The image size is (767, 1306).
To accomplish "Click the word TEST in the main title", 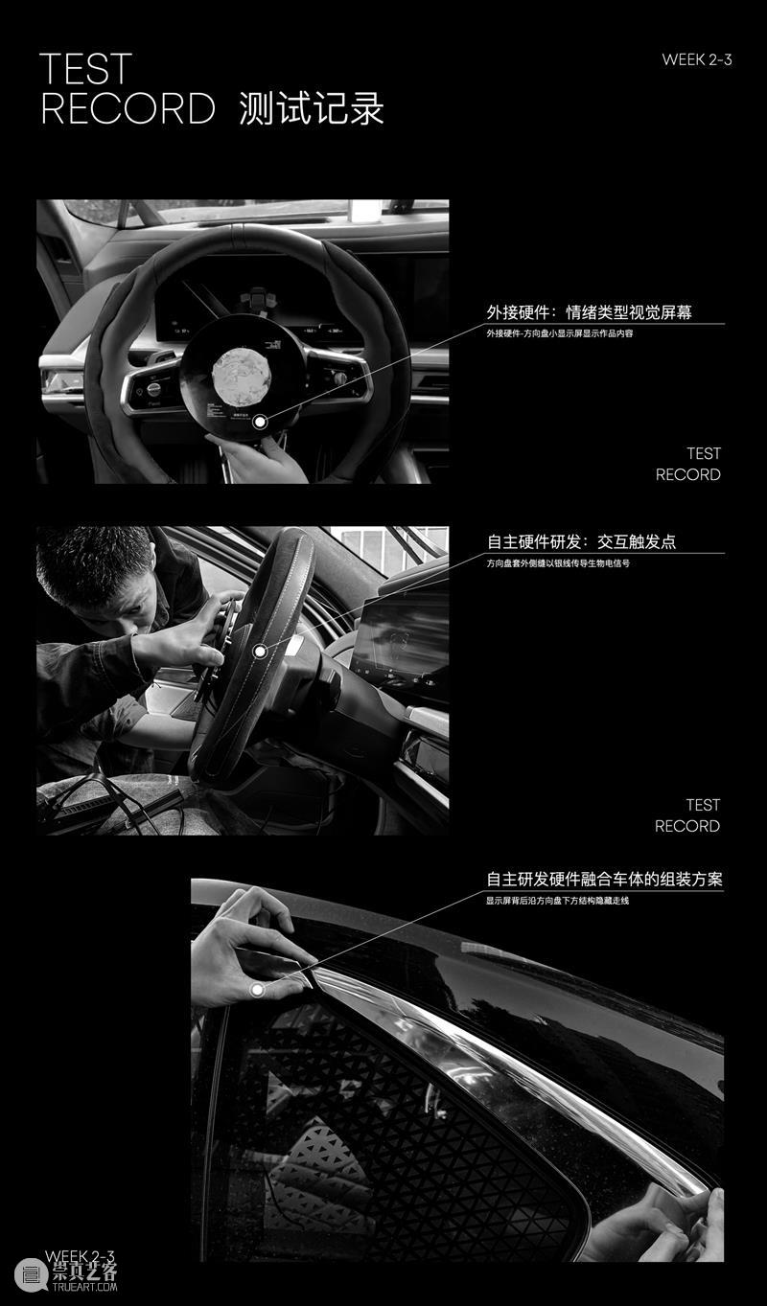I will [x=85, y=70].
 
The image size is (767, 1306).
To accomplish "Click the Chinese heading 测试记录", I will [x=312, y=109].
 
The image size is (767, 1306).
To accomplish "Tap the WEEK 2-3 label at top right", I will [x=696, y=59].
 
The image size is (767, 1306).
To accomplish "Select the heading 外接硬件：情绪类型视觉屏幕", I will [x=589, y=312].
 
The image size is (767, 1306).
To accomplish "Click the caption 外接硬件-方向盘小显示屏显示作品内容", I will [x=559, y=333].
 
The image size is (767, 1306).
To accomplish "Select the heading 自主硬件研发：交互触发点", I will [x=581, y=541].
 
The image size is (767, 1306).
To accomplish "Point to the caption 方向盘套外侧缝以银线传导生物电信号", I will [x=557, y=563].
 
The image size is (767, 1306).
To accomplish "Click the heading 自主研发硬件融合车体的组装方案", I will [x=604, y=879].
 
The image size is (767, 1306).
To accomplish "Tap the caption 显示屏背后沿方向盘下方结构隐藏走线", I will [x=557, y=901].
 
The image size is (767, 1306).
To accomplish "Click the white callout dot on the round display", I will [x=259, y=423].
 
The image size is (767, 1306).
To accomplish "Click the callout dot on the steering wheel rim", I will [x=259, y=652].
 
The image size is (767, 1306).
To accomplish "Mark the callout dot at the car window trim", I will [x=257, y=989].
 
